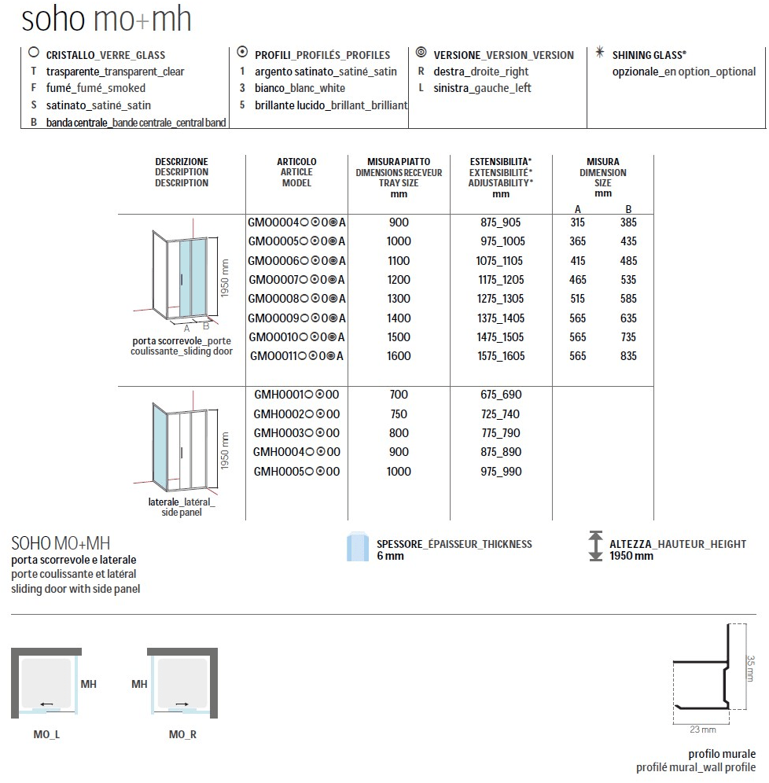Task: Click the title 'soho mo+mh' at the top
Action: [107, 20]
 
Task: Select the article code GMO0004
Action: [273, 222]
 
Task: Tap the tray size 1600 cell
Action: [399, 355]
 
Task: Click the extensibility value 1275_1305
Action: [502, 299]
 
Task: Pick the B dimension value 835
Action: [627, 355]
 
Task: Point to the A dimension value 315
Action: [578, 222]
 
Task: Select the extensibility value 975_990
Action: [502, 471]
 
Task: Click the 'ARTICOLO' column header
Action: [296, 161]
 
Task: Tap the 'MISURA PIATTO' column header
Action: [399, 161]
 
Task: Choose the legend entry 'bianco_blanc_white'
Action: [300, 88]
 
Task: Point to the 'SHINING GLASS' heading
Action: [647, 55]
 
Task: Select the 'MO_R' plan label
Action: [182, 734]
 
